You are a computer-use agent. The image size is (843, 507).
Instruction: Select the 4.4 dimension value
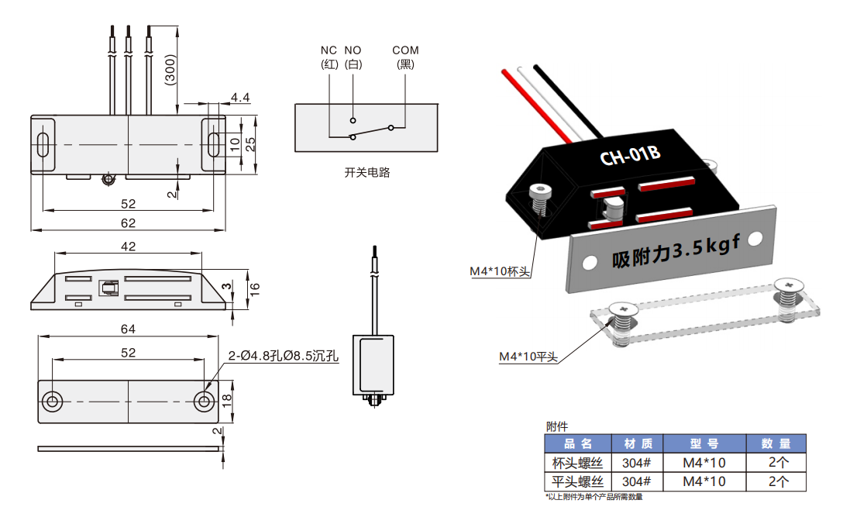[x=240, y=98]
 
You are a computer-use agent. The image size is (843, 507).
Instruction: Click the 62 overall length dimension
[x=128, y=223]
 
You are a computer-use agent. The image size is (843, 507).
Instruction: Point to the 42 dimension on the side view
[x=128, y=246]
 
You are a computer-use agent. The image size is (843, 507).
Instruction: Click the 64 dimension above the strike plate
[x=128, y=329]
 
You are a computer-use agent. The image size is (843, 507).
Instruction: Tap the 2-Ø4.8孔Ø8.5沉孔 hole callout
[x=284, y=357]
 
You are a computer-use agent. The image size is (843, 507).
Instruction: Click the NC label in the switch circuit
[x=329, y=50]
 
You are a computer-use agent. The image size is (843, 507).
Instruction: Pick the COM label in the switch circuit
[x=405, y=50]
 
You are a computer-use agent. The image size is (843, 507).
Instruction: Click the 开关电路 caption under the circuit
[x=367, y=172]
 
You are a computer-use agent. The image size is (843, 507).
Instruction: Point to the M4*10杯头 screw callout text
[x=500, y=271]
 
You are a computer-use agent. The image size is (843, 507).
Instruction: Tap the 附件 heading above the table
[x=557, y=426]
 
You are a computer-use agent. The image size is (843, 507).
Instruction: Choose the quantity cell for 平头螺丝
[x=776, y=481]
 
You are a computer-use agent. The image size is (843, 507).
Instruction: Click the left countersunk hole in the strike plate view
[x=53, y=401]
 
